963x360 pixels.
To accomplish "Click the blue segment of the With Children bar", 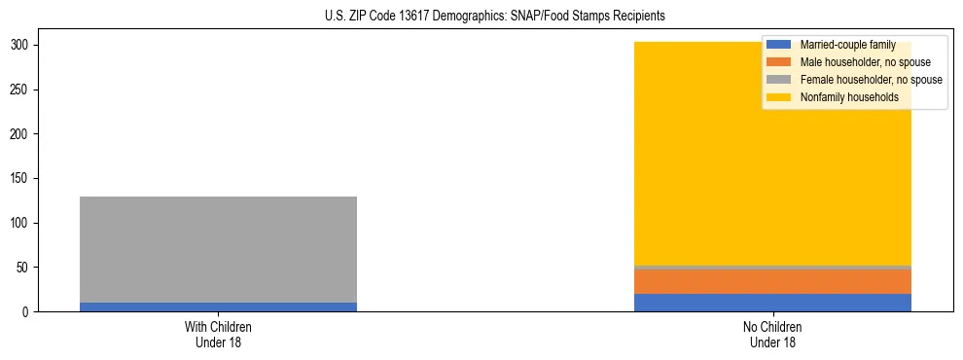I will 218,306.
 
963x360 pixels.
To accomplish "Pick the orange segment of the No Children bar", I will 772,281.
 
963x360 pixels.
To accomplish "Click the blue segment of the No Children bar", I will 772,303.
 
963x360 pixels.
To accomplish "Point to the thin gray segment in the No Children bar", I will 772,267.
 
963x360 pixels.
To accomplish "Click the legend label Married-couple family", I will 855,45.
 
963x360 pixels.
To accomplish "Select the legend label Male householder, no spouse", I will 865,62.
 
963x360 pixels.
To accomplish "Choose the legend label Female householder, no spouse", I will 871,80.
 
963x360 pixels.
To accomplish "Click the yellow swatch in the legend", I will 779,97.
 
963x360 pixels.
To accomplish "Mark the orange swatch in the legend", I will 779,62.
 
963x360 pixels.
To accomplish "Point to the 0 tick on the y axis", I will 27,312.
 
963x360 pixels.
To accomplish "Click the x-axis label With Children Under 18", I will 218,334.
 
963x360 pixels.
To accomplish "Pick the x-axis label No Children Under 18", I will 772,334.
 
